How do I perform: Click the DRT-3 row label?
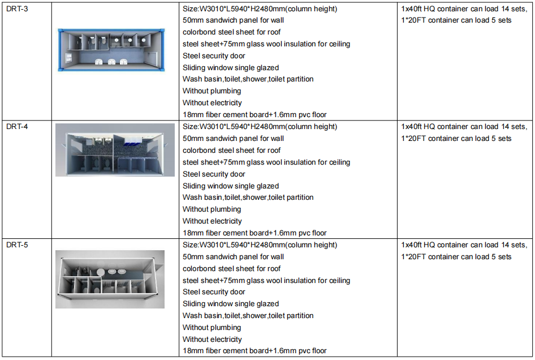tap(17, 9)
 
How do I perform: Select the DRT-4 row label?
tap(17, 127)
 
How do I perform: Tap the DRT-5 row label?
tap(17, 245)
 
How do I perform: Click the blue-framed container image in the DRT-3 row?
tap(111, 50)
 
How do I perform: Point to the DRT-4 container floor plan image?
tap(115, 150)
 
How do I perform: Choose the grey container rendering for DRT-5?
tap(110, 279)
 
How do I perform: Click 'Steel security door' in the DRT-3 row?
tap(214, 55)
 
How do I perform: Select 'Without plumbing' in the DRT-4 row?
tap(212, 209)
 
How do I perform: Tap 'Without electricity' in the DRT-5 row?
tap(212, 339)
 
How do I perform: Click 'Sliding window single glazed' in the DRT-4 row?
tap(231, 186)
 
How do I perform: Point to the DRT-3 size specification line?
tap(260, 9)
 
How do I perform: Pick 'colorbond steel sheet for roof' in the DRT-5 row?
tap(232, 269)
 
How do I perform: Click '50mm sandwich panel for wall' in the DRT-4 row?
tap(234, 139)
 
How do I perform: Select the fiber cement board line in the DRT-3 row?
tap(254, 115)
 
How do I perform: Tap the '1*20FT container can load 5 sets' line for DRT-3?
tap(456, 20)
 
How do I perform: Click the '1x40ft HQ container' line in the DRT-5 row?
tap(464, 245)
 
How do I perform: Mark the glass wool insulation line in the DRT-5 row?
tap(266, 281)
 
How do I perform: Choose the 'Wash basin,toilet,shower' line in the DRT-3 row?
tap(248, 79)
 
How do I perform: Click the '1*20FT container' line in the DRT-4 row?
tap(456, 139)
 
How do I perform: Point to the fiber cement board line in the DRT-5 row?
tap(254, 351)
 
